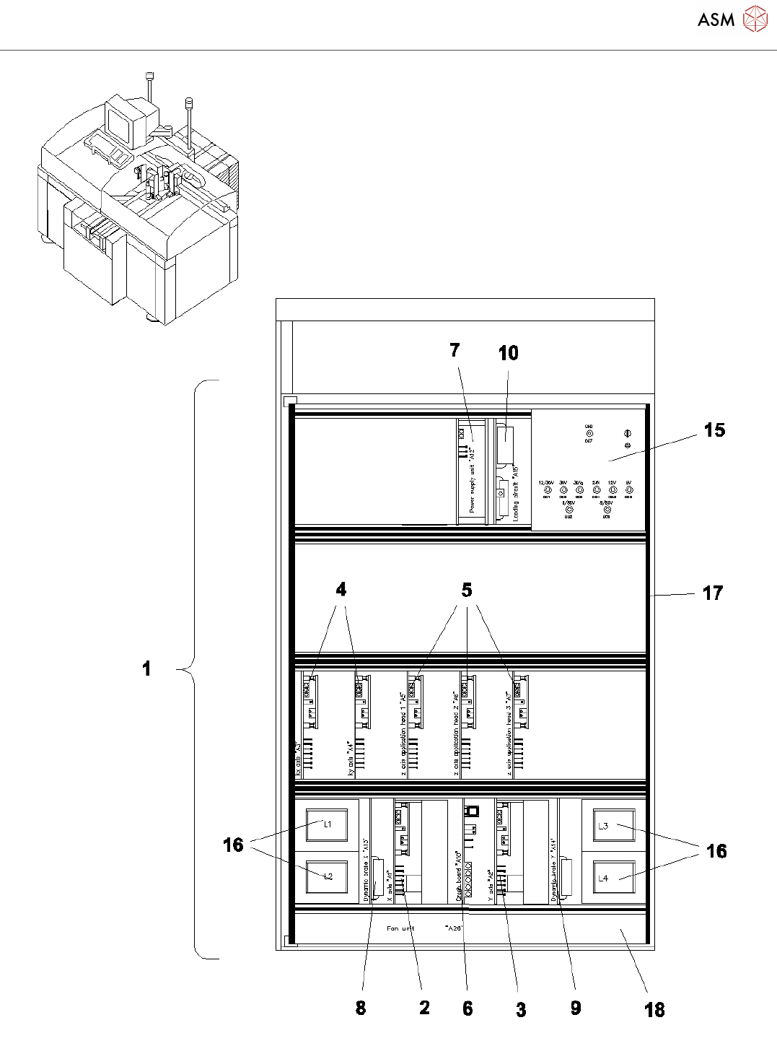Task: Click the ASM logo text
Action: [716, 19]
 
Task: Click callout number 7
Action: [455, 350]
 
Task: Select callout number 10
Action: [508, 353]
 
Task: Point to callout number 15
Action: [714, 430]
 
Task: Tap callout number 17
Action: [712, 593]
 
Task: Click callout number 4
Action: [341, 590]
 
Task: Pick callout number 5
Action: [467, 590]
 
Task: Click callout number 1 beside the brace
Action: [146, 668]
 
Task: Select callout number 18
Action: [654, 1010]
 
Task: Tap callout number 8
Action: [361, 1008]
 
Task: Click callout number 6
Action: [467, 1008]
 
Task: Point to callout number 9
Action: [576, 1008]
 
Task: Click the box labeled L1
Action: [327, 825]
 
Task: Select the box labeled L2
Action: [327, 877]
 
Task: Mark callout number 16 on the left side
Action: [233, 845]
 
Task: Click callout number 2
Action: [424, 1008]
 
